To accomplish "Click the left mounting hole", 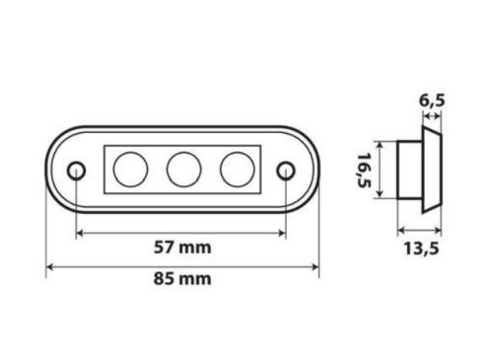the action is click(77, 171).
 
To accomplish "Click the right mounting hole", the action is click(286, 171).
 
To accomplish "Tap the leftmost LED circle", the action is click(130, 170).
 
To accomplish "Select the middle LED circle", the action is click(183, 170).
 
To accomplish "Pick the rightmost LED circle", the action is click(238, 170).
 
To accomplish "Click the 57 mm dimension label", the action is click(182, 248).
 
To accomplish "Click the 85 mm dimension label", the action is click(182, 279).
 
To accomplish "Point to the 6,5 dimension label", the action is click(432, 101).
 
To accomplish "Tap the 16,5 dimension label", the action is click(364, 170).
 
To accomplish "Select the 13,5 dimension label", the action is click(421, 249).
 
